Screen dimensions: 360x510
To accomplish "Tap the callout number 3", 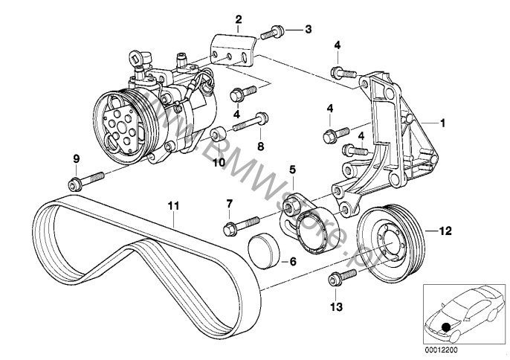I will pyautogui.click(x=308, y=30).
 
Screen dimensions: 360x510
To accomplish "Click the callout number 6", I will pyautogui.click(x=292, y=262).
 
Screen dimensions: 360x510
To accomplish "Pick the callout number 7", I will pyautogui.click(x=229, y=204).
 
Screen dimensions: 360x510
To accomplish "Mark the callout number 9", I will pyautogui.click(x=75, y=158).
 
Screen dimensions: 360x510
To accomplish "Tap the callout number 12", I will pyautogui.click(x=445, y=231).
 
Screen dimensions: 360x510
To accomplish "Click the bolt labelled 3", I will pyautogui.click(x=274, y=31).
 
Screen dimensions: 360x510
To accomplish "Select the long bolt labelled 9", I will pyautogui.click(x=90, y=181).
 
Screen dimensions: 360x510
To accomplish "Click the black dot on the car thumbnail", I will pyautogui.click(x=445, y=327).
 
